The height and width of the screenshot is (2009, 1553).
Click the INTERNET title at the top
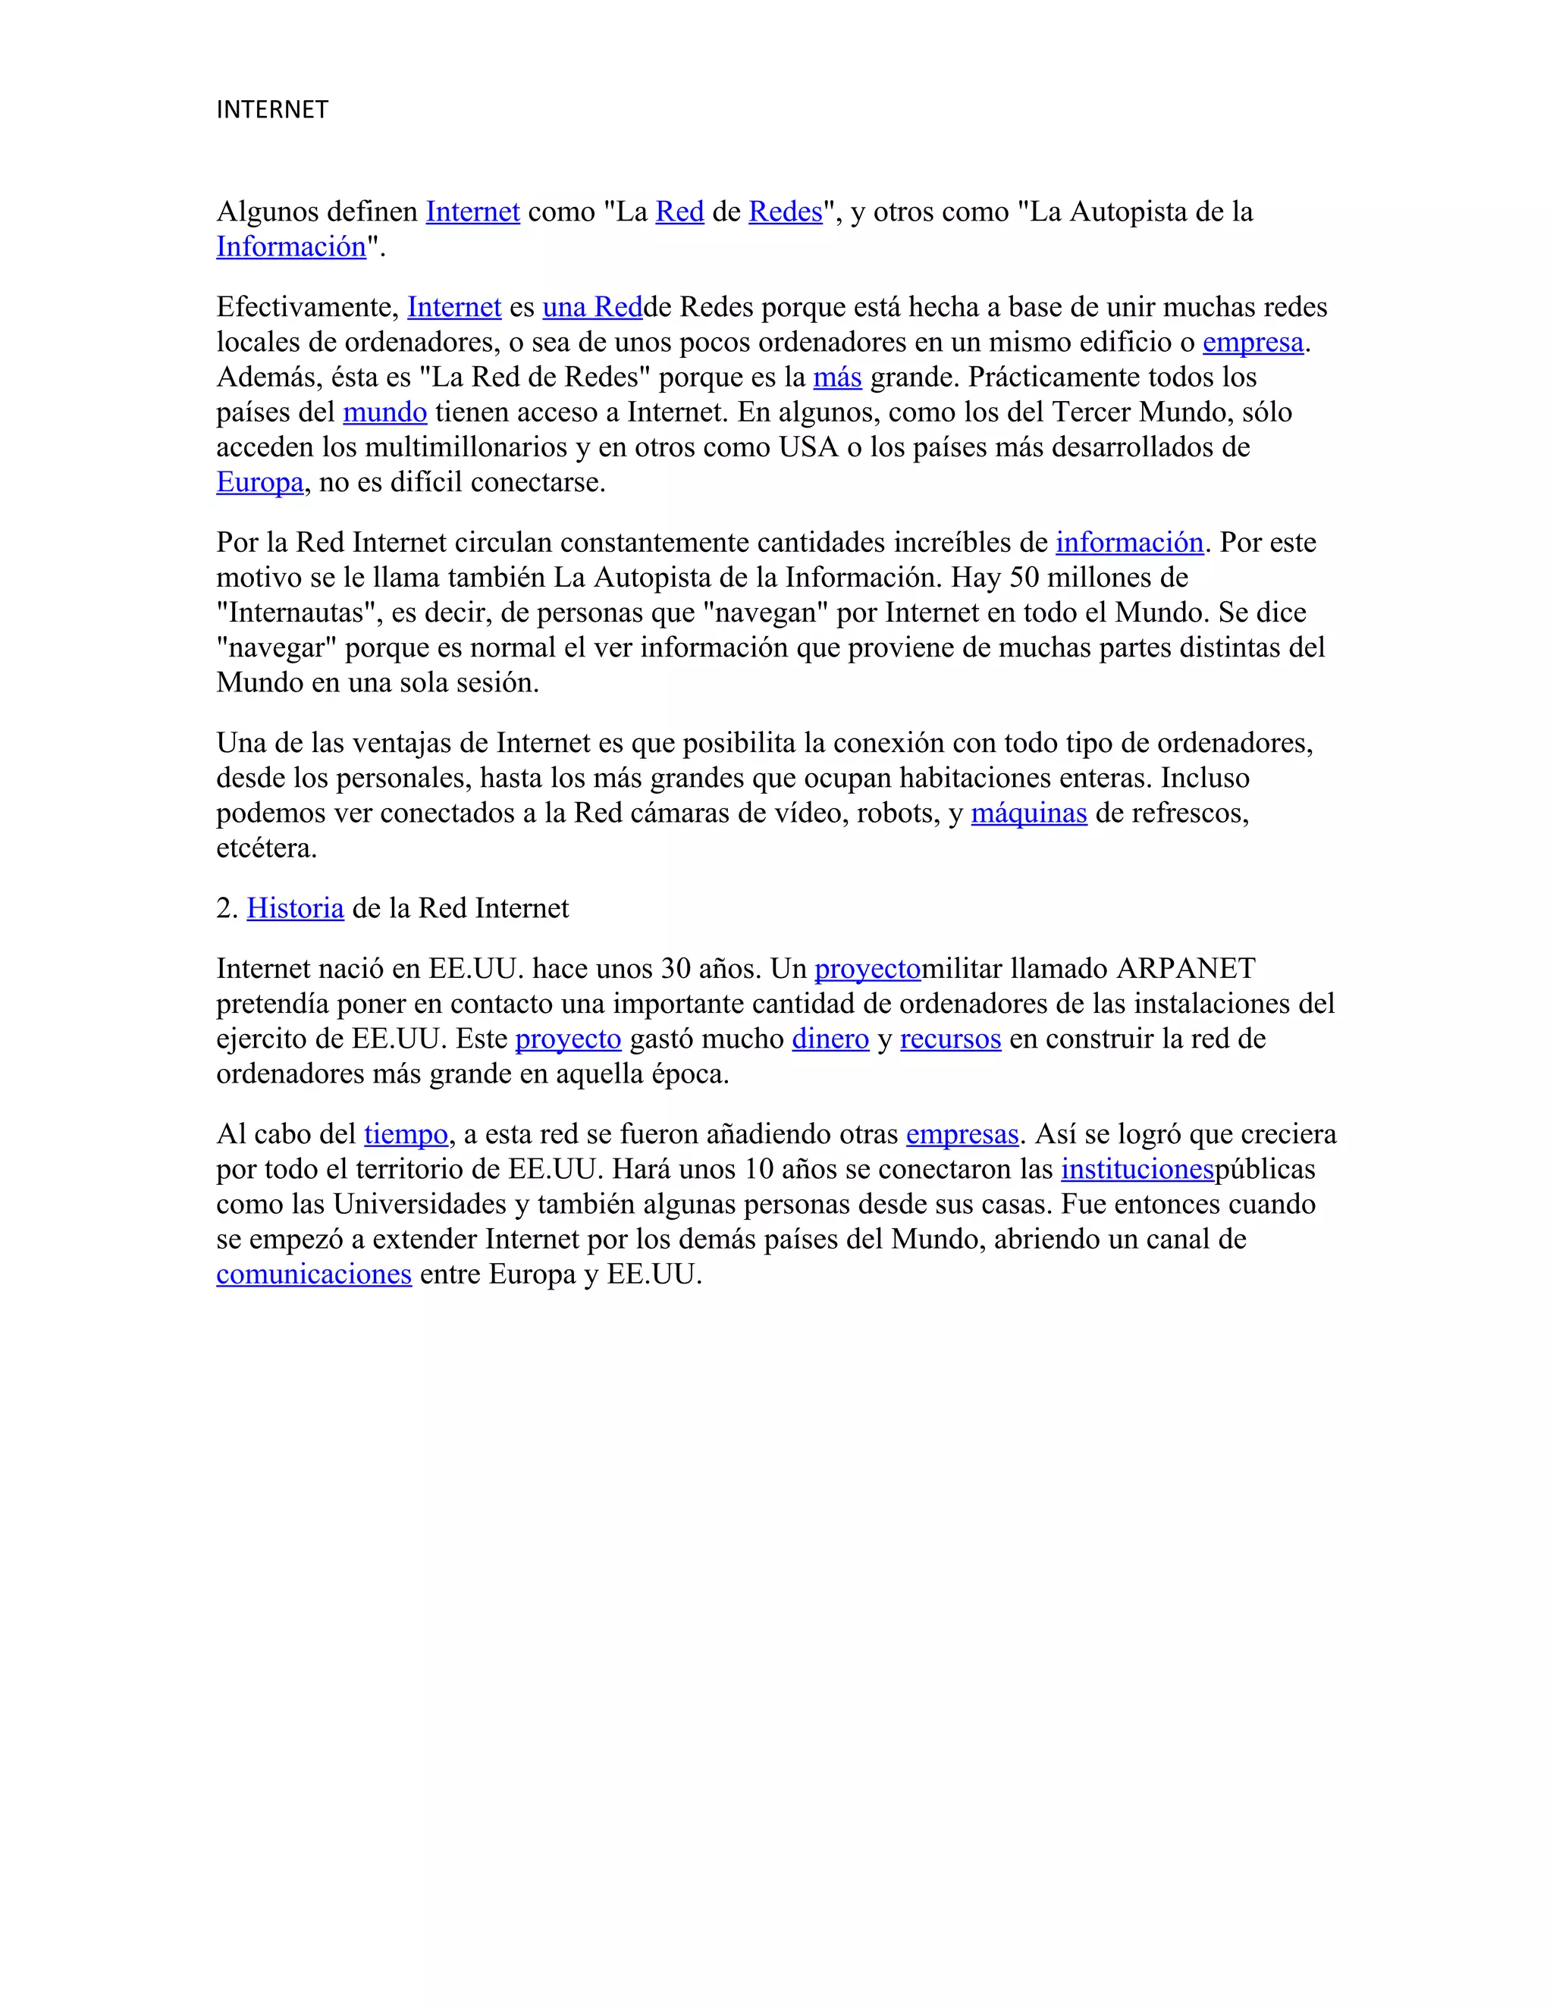click(x=271, y=109)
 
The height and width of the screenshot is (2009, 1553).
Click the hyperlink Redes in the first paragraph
click(x=785, y=212)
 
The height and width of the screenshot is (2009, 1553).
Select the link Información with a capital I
click(x=290, y=247)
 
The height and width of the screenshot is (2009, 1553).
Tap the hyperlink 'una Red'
click(x=591, y=307)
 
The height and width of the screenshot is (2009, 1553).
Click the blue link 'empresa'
click(x=1252, y=342)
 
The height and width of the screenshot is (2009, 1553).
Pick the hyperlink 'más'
click(x=837, y=377)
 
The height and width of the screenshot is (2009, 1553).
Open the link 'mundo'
click(x=384, y=412)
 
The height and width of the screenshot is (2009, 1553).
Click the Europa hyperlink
click(x=259, y=482)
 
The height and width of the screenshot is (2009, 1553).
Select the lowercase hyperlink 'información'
click(x=1129, y=543)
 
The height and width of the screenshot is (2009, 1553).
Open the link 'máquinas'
click(x=1028, y=813)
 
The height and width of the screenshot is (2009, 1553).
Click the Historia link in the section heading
click(x=295, y=909)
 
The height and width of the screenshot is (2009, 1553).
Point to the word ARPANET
click(x=1186, y=969)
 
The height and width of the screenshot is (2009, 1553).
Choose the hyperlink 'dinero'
click(x=830, y=1039)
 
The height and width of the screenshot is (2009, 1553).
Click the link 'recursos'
click(x=950, y=1039)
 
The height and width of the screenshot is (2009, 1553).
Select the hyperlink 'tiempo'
click(x=406, y=1134)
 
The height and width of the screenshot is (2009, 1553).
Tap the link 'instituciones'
click(x=1137, y=1169)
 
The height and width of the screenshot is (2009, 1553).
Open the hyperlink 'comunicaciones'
click(x=314, y=1274)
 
